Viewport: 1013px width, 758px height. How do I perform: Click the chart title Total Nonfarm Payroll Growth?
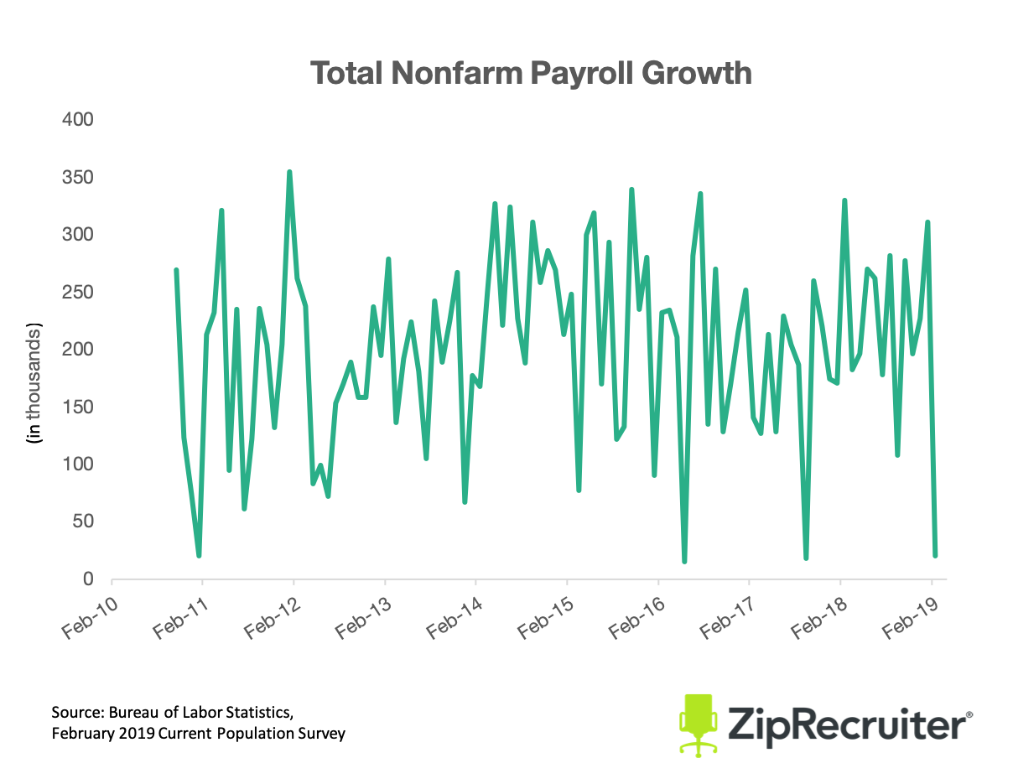tap(531, 73)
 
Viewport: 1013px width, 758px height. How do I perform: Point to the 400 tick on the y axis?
tap(77, 120)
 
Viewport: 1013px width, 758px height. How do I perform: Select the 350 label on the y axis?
tap(77, 178)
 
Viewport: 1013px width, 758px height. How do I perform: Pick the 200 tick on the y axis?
tap(77, 350)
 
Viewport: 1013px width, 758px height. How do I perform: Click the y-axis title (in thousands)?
tap(34, 380)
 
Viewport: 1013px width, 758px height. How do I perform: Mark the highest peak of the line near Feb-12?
tap(289, 173)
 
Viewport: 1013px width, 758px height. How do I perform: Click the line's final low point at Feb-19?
tap(935, 555)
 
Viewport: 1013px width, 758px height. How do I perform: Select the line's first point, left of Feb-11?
tap(176, 270)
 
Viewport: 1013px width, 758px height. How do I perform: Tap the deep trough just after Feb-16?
tap(684, 561)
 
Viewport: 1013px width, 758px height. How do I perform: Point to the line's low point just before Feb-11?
tap(199, 555)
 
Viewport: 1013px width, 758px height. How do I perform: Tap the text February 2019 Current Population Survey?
tap(198, 734)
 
